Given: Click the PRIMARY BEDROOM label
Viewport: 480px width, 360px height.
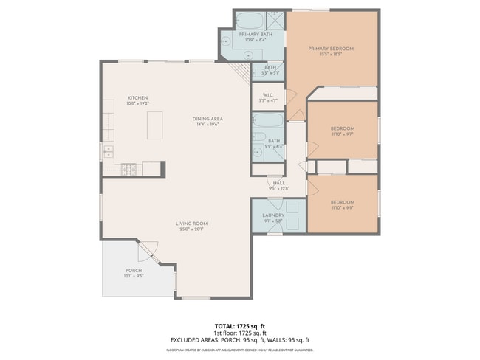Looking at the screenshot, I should [x=331, y=49].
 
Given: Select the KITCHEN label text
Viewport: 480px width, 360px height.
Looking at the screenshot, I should [x=138, y=98].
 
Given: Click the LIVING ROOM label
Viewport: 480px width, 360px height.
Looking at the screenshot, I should [x=191, y=224].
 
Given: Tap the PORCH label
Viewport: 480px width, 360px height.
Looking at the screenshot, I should [x=134, y=271].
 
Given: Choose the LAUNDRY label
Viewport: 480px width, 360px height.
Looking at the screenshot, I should [x=273, y=215].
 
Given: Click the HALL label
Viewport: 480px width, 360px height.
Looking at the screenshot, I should [x=279, y=183].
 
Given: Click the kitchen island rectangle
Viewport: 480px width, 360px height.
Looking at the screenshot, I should [x=154, y=125].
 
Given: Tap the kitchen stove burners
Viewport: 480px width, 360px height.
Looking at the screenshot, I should [x=130, y=170].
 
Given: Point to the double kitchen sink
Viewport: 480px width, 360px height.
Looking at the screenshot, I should [x=109, y=152].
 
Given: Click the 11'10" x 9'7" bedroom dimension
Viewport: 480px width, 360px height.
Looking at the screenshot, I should [x=343, y=134].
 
